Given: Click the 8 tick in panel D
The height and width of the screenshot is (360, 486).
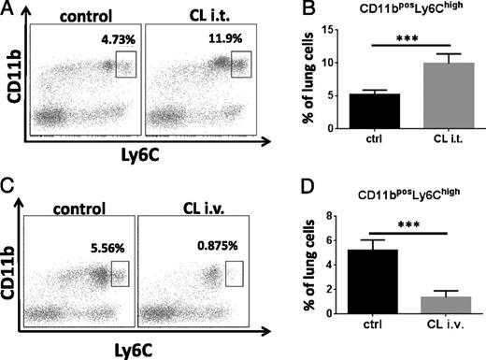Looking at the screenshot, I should coord(322,216).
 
